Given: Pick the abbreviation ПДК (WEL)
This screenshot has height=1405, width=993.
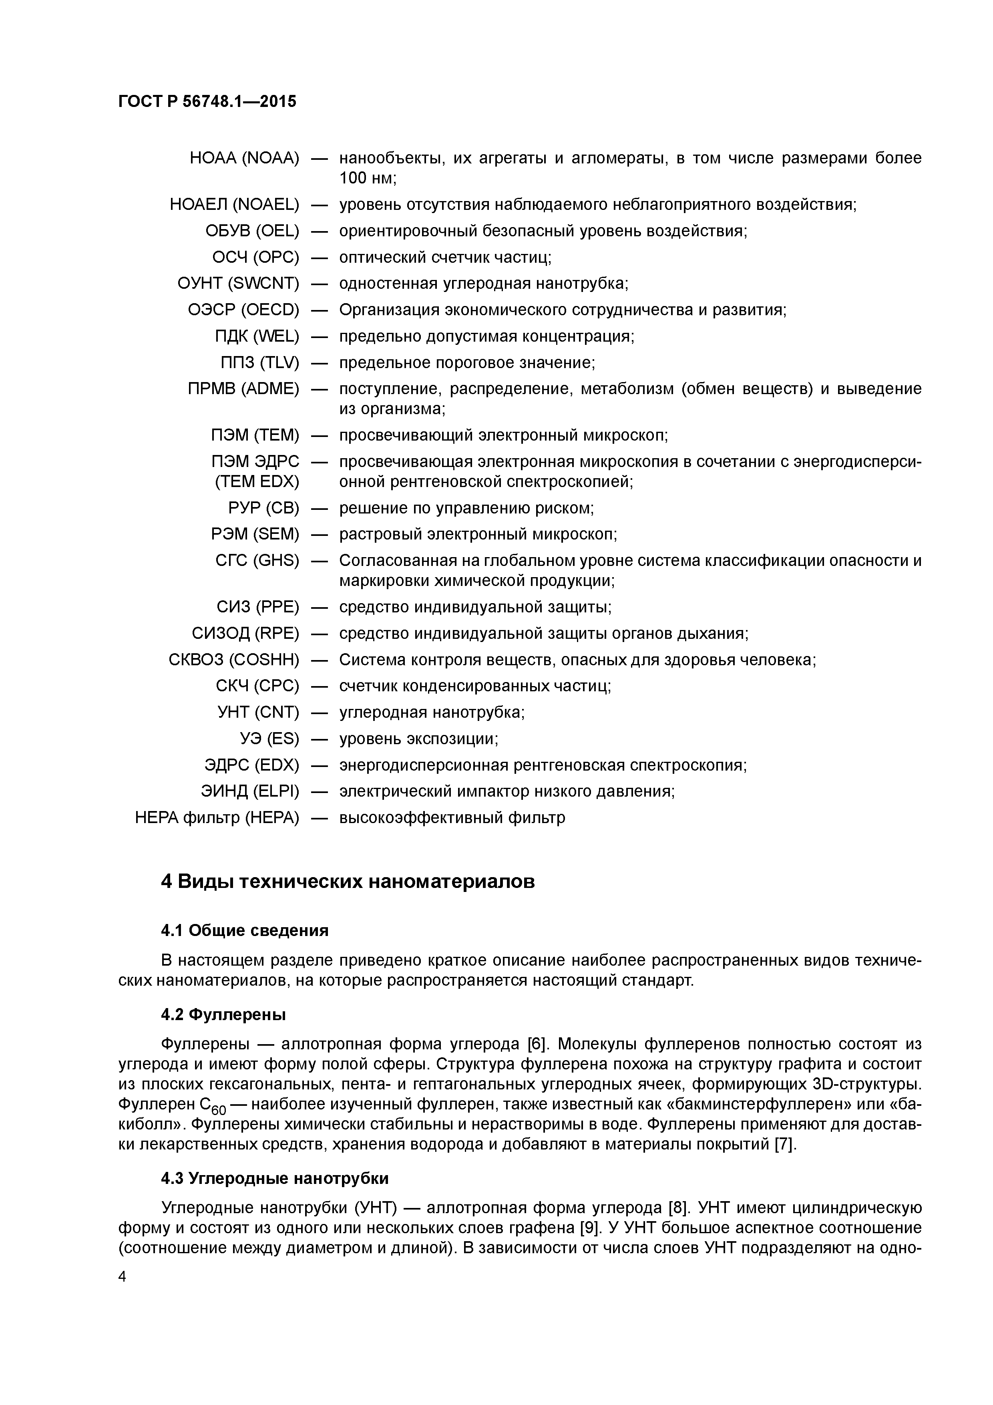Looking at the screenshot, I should [257, 336].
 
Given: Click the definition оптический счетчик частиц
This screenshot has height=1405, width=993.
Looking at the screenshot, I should [445, 257].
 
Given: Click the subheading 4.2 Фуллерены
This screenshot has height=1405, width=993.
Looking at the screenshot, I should [223, 1014].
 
